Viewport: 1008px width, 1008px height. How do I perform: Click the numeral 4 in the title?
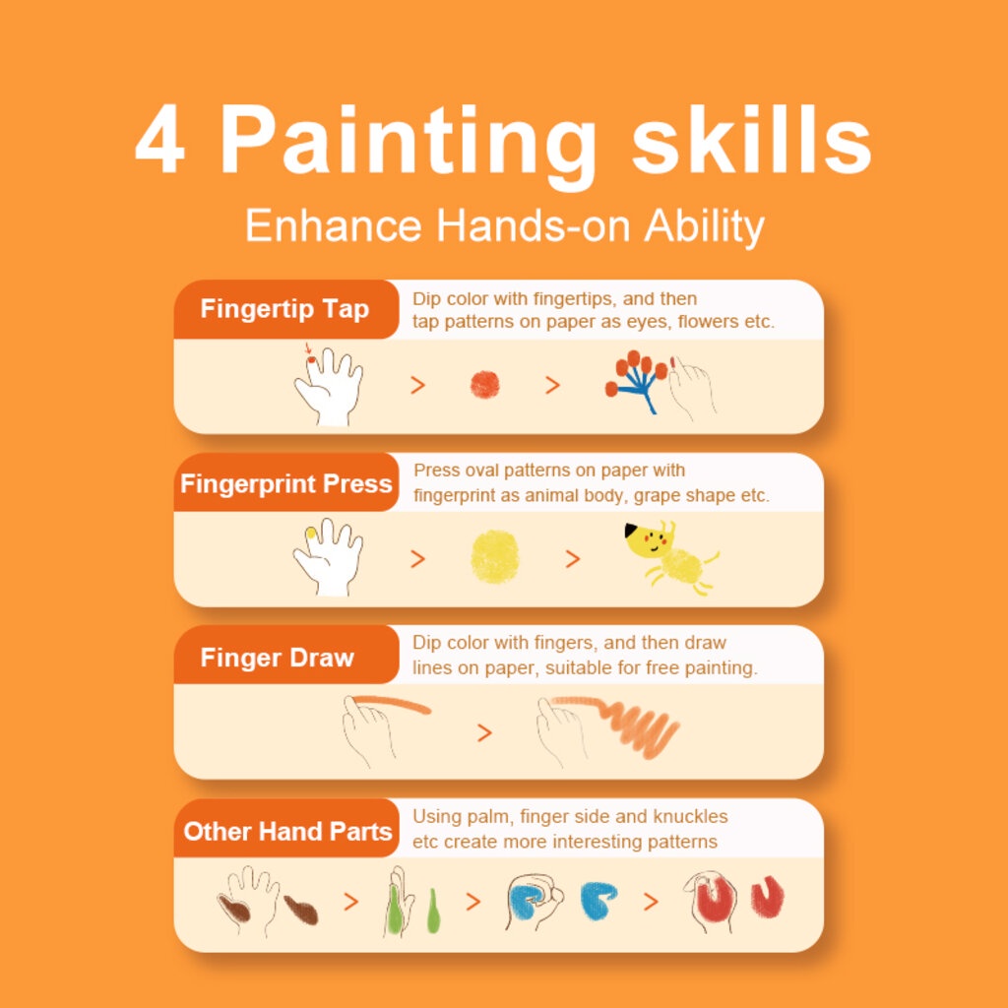pyautogui.click(x=160, y=140)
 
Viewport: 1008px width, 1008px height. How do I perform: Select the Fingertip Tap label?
pyautogui.click(x=284, y=309)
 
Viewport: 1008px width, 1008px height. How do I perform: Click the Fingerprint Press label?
pyautogui.click(x=286, y=483)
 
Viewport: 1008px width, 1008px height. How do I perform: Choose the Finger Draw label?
pyautogui.click(x=277, y=658)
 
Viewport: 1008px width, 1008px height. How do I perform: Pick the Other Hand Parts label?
pyautogui.click(x=287, y=831)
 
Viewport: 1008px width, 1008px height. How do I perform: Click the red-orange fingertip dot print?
pyautogui.click(x=484, y=385)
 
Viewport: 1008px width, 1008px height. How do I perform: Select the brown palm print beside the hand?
pyautogui.click(x=301, y=910)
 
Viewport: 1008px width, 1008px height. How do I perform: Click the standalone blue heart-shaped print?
pyautogui.click(x=598, y=900)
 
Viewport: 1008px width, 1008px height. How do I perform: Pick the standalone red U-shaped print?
pyautogui.click(x=768, y=896)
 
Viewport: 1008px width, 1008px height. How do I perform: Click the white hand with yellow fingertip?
pyautogui.click(x=329, y=557)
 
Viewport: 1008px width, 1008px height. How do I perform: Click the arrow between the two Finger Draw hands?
pyautogui.click(x=484, y=732)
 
